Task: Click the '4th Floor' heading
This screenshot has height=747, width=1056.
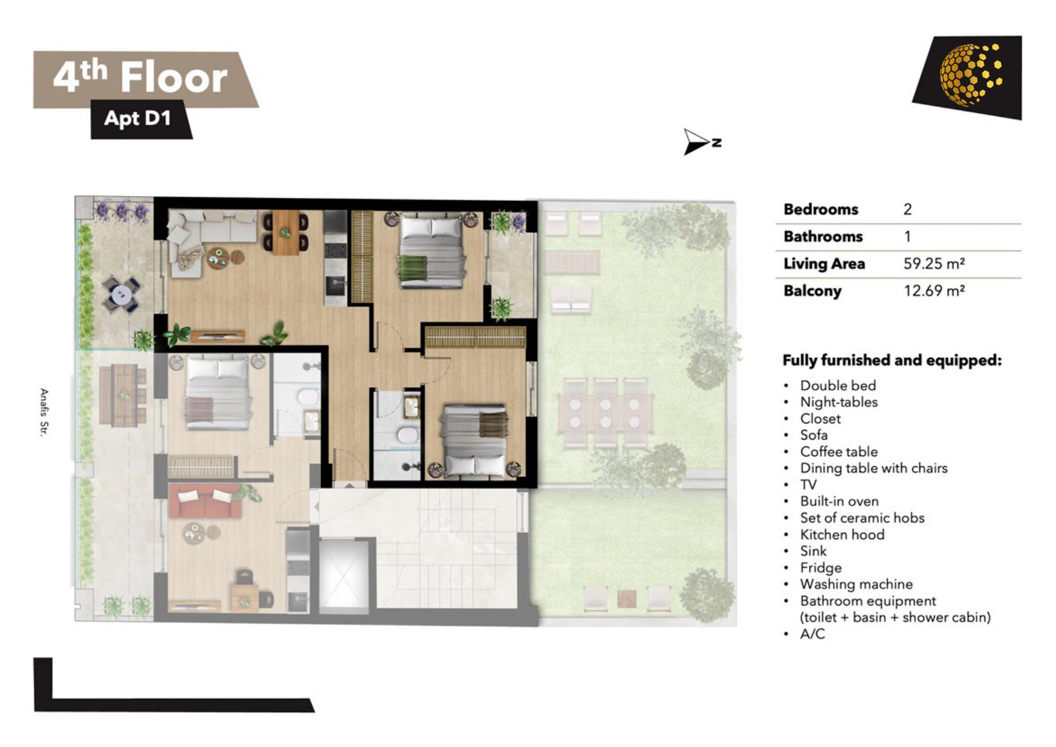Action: click(140, 77)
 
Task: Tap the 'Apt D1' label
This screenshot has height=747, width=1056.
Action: click(138, 118)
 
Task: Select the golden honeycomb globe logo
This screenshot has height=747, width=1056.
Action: click(970, 74)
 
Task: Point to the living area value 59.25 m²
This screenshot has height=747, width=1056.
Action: click(934, 263)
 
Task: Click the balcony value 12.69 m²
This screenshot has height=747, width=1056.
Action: click(934, 290)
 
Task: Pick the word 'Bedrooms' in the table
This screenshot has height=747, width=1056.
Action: click(820, 209)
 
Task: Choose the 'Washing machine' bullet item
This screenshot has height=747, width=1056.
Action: click(856, 584)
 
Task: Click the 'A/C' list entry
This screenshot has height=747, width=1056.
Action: click(812, 634)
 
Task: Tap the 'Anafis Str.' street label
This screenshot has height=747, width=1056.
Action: click(44, 412)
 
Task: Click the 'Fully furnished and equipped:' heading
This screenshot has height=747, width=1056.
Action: click(892, 360)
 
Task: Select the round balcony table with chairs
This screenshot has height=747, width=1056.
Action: click(121, 294)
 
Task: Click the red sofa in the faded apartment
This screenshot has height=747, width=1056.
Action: click(205, 501)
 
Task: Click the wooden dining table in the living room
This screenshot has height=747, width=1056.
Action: click(286, 232)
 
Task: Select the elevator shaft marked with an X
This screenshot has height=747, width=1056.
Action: click(343, 573)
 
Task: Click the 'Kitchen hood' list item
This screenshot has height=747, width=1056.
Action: click(842, 534)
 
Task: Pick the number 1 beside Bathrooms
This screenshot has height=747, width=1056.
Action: click(907, 236)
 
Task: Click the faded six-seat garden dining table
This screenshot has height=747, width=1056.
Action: click(605, 413)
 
